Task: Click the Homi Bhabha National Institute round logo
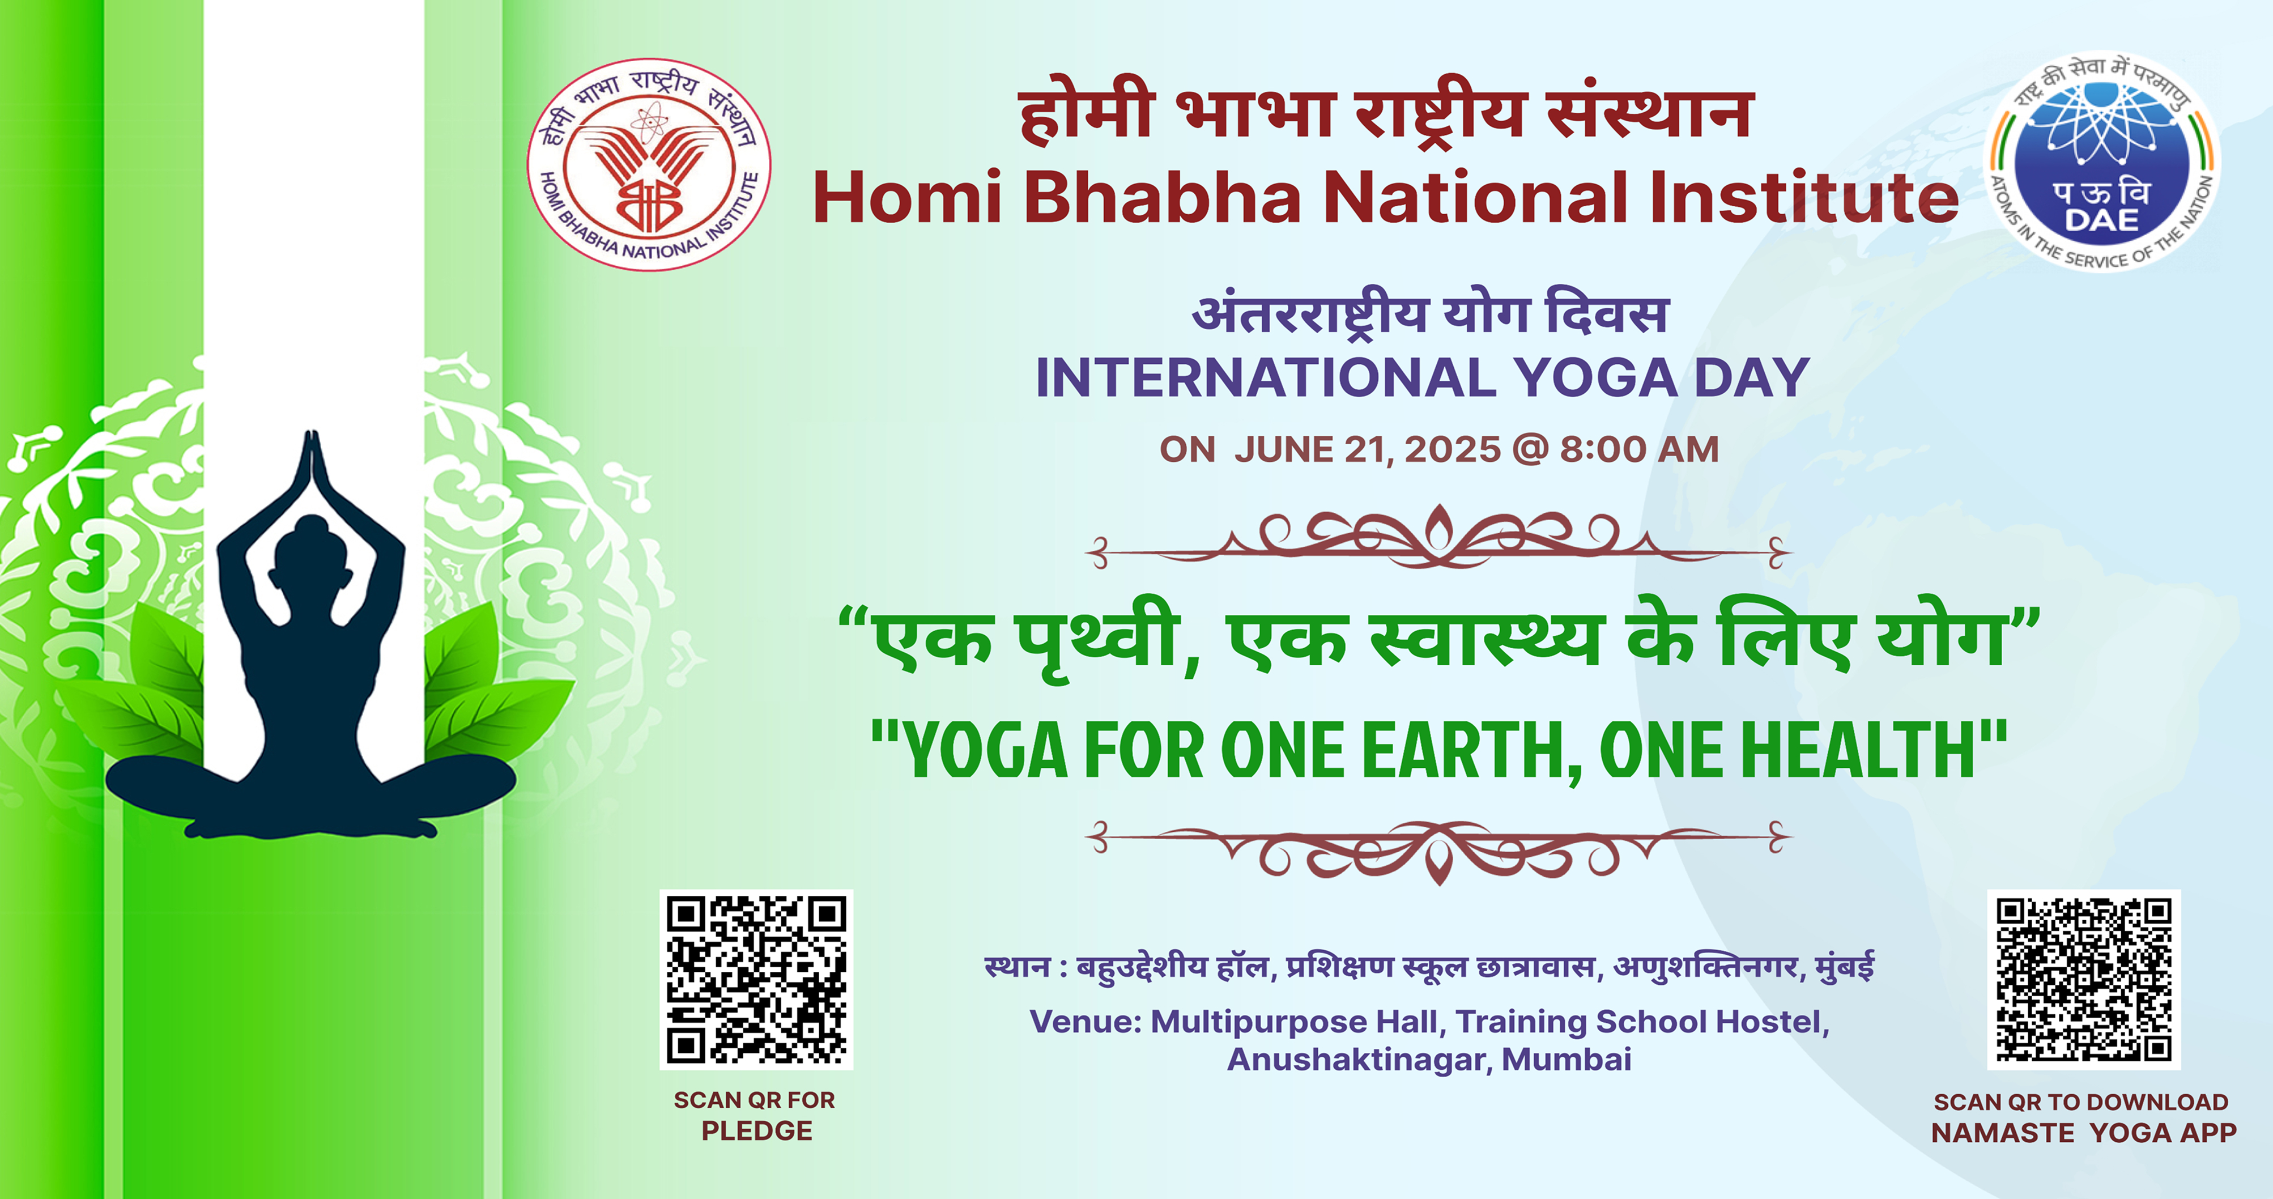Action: tap(649, 165)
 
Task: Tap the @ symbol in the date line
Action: tap(1530, 449)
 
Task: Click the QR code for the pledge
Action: tap(756, 979)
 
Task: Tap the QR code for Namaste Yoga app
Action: tap(2083, 979)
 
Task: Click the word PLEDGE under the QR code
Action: tap(756, 1131)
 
